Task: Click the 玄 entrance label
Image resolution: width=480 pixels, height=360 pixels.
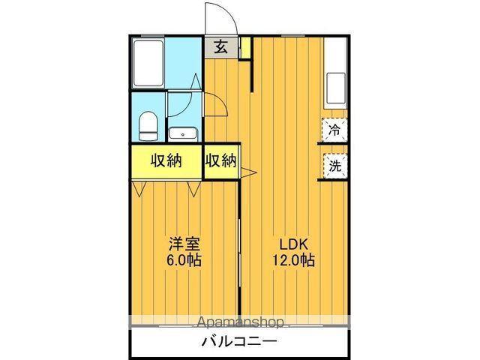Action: (220, 47)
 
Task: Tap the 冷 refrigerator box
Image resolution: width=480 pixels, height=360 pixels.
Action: (334, 130)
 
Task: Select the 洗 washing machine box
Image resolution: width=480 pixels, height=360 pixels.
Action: (334, 166)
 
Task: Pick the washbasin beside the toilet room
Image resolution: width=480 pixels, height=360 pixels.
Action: (182, 134)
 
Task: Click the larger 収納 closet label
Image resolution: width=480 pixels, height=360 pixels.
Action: (166, 160)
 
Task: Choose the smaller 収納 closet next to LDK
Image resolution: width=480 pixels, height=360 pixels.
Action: (221, 160)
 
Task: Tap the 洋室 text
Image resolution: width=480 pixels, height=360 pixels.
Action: (184, 244)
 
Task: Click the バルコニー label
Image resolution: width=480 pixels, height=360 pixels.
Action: (239, 343)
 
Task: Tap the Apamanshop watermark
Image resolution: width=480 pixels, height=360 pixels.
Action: (240, 323)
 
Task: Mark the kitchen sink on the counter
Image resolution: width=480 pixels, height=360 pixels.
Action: (336, 88)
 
